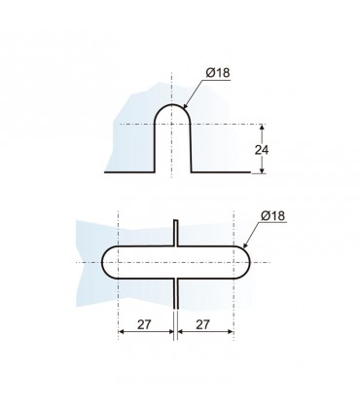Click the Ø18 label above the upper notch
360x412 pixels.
tap(218, 73)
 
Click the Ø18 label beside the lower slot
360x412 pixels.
tap(272, 215)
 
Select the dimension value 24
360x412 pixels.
tap(262, 150)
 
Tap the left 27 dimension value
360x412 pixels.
tap(144, 324)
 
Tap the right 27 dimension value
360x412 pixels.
tap(203, 324)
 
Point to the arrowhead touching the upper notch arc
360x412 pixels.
tap(186, 105)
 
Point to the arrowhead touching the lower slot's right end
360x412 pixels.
tap(245, 245)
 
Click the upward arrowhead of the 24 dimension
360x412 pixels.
tap(262, 128)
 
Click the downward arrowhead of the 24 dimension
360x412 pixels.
tap(262, 169)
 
